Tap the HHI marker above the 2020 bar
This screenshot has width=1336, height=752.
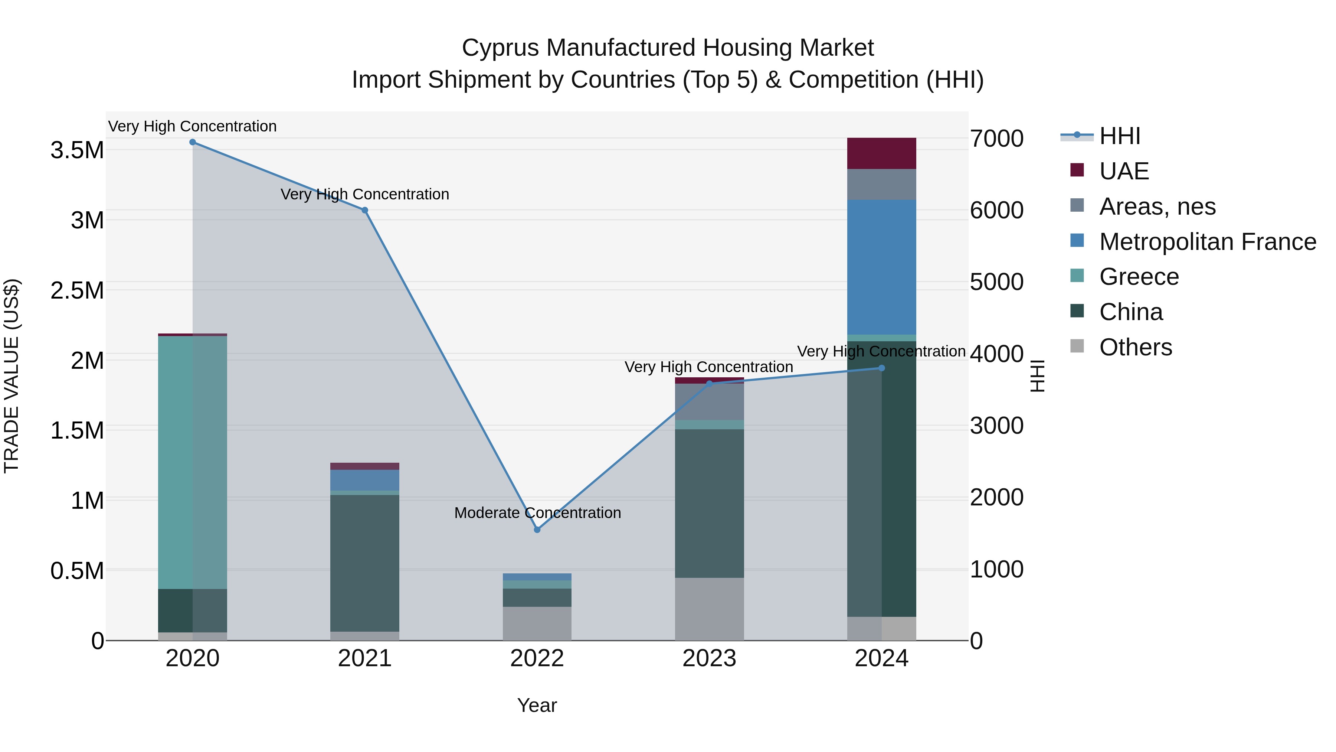tap(192, 142)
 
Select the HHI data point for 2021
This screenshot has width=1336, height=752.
tap(364, 210)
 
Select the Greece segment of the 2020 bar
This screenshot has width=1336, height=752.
tap(192, 462)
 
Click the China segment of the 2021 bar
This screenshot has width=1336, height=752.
tap(364, 563)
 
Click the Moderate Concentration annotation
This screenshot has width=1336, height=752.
tap(537, 513)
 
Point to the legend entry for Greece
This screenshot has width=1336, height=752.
tap(1139, 277)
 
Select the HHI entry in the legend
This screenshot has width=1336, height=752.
tap(1119, 136)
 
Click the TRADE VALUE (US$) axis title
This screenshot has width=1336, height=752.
tap(12, 376)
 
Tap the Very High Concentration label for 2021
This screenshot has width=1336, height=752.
tap(364, 194)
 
